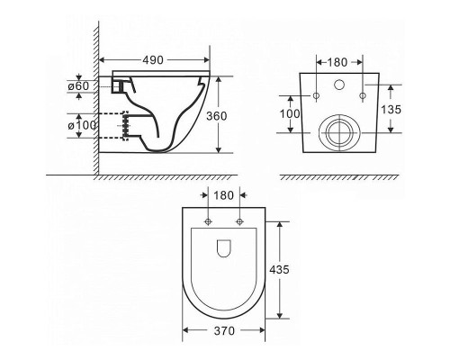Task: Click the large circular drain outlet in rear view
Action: point(339,131)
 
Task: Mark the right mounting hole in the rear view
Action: point(362,96)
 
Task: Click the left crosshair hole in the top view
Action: point(208,221)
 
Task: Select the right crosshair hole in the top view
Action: point(239,221)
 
